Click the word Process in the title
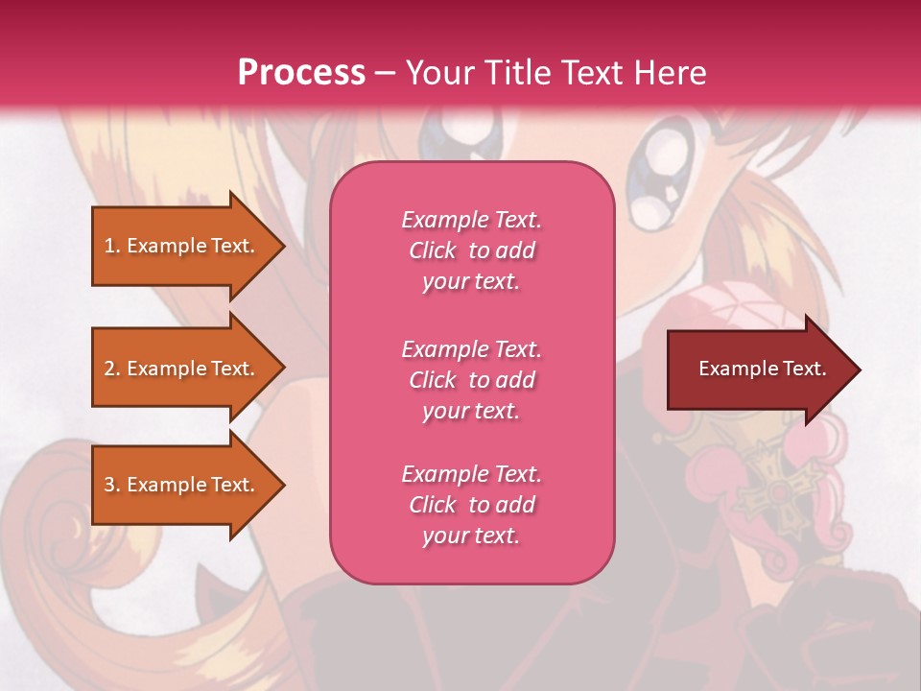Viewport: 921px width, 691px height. point(301,73)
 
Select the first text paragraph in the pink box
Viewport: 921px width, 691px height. point(471,250)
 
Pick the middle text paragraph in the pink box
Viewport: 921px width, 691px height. point(471,380)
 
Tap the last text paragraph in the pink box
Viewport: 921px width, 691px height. point(471,505)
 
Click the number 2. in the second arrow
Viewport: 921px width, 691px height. point(112,369)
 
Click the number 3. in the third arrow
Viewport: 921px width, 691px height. point(112,485)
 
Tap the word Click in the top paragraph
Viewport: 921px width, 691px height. point(433,250)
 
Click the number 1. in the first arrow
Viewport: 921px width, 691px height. point(112,246)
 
